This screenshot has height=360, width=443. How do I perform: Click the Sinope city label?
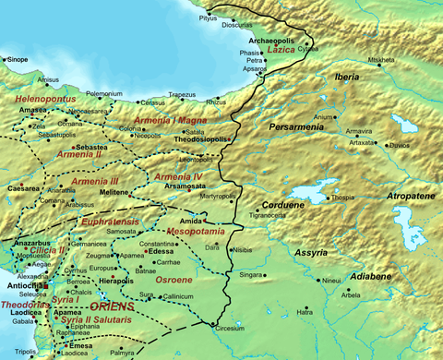(x=18, y=58)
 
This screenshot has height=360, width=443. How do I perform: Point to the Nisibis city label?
(x=268, y=249)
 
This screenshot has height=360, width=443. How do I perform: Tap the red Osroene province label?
(x=174, y=280)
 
